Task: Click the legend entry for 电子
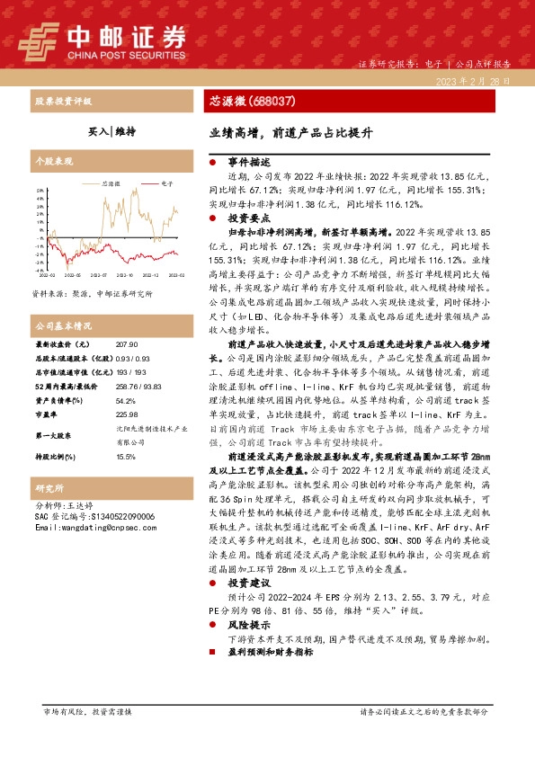166,183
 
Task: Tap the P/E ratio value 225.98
127,414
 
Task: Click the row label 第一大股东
54,435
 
